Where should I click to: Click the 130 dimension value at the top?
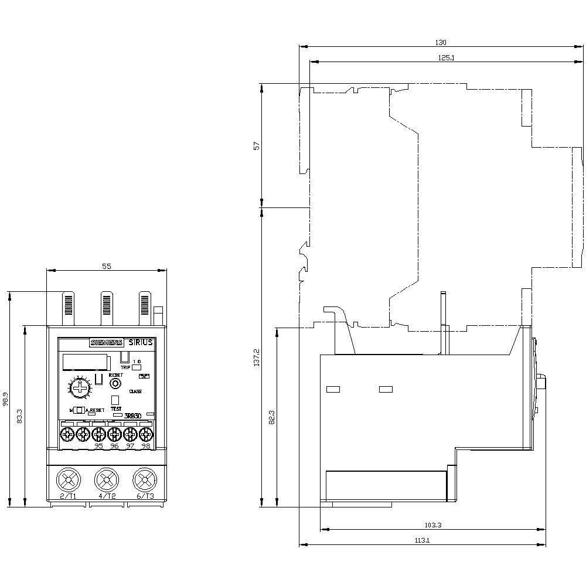[x=441, y=42]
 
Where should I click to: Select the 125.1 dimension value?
[x=447, y=57]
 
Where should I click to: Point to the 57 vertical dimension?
[x=256, y=146]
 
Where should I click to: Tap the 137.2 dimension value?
[x=256, y=359]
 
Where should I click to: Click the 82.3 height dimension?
[x=272, y=417]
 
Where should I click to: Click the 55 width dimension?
[x=107, y=266]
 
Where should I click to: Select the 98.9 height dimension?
[x=5, y=400]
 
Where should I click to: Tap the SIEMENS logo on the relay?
[x=105, y=343]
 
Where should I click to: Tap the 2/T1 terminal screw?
[x=69, y=481]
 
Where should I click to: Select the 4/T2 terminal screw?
[x=106, y=481]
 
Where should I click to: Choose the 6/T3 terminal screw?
[x=144, y=481]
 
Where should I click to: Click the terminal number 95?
[x=98, y=446]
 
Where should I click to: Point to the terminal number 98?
[x=145, y=446]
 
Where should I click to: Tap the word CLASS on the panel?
[x=135, y=391]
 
